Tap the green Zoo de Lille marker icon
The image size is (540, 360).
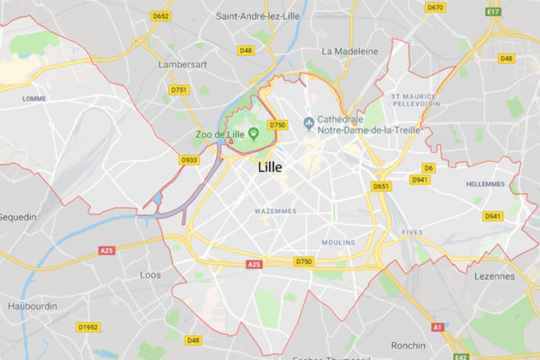(x=254, y=135)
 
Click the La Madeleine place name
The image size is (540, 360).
(x=349, y=50)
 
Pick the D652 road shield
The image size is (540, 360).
(x=162, y=16)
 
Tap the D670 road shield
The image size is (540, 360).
(x=436, y=7)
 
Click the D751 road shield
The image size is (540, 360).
(x=179, y=90)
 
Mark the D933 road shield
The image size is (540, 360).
(x=189, y=160)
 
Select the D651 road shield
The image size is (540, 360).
(x=381, y=186)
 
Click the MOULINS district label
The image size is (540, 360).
(x=338, y=242)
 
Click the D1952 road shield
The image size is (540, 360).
(x=88, y=327)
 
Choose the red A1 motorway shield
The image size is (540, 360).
(x=437, y=328)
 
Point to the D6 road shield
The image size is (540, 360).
(x=429, y=168)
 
